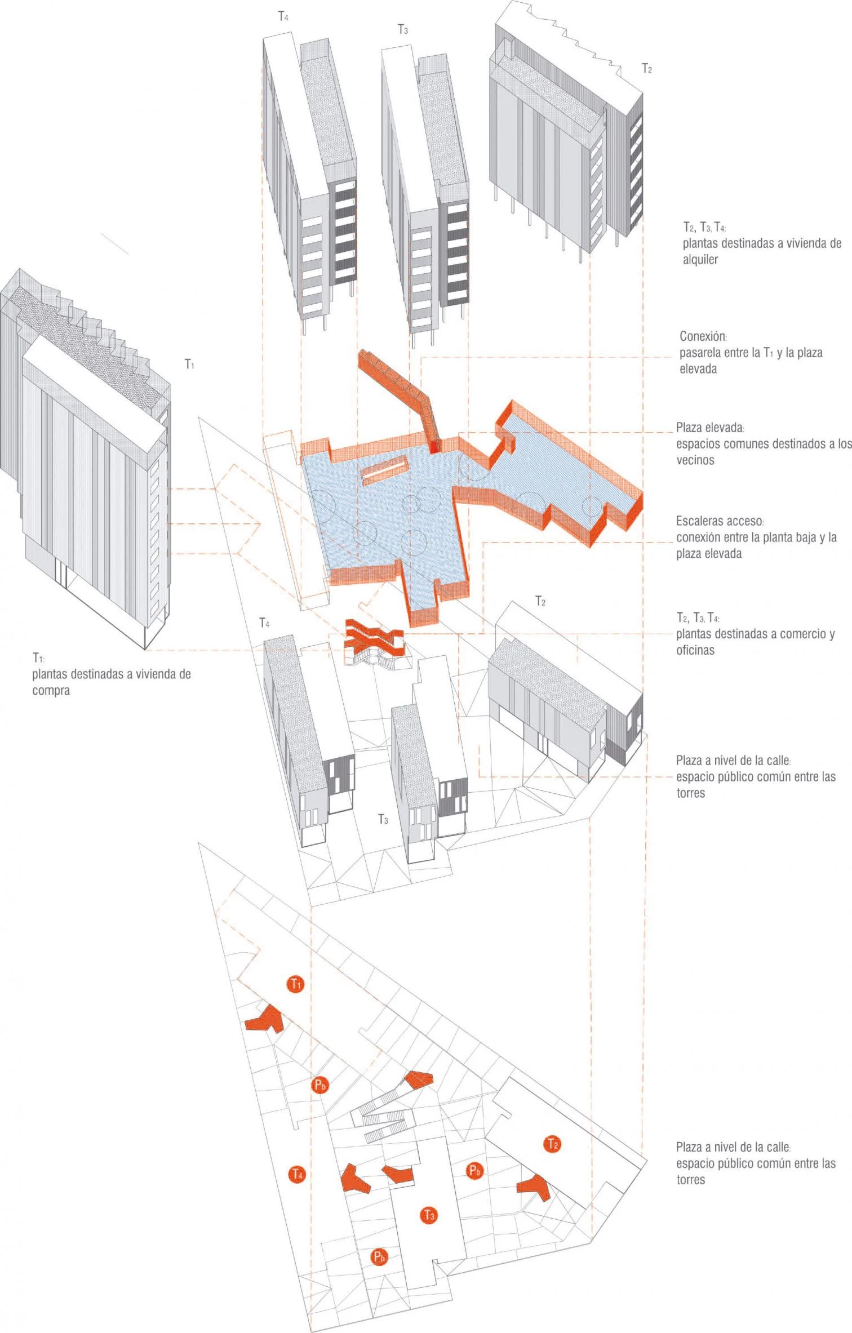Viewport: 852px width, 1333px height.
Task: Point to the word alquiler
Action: tap(700, 260)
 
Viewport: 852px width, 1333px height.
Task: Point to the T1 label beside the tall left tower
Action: tap(190, 365)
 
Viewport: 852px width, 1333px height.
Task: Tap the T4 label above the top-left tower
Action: tap(284, 16)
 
